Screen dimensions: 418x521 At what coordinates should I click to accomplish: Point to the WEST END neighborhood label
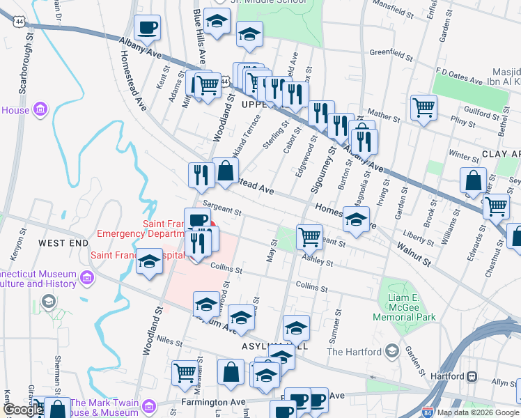[63, 242]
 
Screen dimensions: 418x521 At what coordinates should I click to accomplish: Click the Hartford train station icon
[472, 376]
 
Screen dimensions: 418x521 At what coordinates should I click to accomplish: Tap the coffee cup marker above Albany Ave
[147, 29]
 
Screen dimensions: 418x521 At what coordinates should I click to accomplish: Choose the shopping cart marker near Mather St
[423, 108]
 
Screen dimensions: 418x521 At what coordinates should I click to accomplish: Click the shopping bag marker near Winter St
[473, 180]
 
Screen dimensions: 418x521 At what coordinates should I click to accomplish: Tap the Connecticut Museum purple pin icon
[87, 279]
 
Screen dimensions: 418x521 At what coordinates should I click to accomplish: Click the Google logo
[22, 410]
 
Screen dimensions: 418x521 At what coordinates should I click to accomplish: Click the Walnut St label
[415, 255]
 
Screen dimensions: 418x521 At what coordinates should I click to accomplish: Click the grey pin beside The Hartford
[392, 350]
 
